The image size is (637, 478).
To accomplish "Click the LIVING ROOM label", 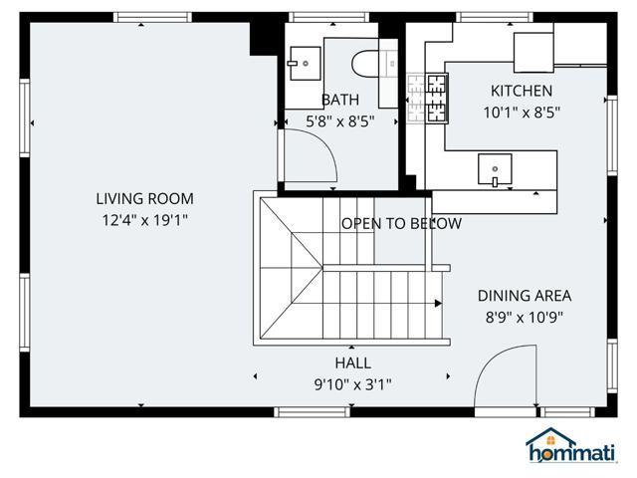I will [x=144, y=198].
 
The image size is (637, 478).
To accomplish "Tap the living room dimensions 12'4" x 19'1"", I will [x=144, y=220].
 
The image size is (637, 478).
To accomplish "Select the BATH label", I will [x=339, y=100].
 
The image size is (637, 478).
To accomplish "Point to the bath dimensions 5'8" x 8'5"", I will [x=339, y=121].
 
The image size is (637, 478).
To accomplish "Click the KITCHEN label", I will [x=521, y=91].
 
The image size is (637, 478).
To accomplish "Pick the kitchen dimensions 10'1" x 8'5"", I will [x=521, y=113].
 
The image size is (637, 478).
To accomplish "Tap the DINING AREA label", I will [x=524, y=295].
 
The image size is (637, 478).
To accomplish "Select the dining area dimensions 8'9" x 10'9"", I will [x=524, y=318].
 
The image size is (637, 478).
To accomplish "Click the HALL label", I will [x=353, y=362].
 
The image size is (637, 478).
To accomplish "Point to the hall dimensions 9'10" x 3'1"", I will [x=353, y=384].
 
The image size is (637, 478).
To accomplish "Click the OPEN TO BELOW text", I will [x=401, y=223].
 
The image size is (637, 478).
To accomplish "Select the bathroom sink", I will [x=304, y=63].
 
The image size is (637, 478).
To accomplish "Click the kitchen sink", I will [x=495, y=170].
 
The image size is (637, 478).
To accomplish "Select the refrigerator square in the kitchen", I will [x=533, y=49].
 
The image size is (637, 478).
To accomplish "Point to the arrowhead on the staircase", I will [x=439, y=303].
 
